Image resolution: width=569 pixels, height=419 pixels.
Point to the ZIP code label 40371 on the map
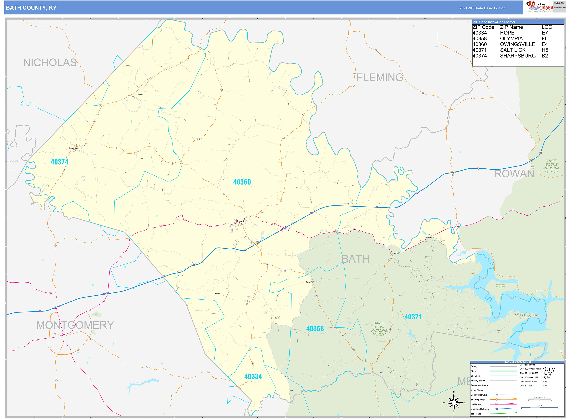[x=413, y=317]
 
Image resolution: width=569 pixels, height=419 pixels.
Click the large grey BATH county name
[x=355, y=259]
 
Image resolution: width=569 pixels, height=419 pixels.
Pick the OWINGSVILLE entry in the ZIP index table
[x=517, y=44]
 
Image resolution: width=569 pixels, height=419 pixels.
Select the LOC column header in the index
[x=547, y=27]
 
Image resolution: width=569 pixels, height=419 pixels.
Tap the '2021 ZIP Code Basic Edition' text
[x=482, y=8]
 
